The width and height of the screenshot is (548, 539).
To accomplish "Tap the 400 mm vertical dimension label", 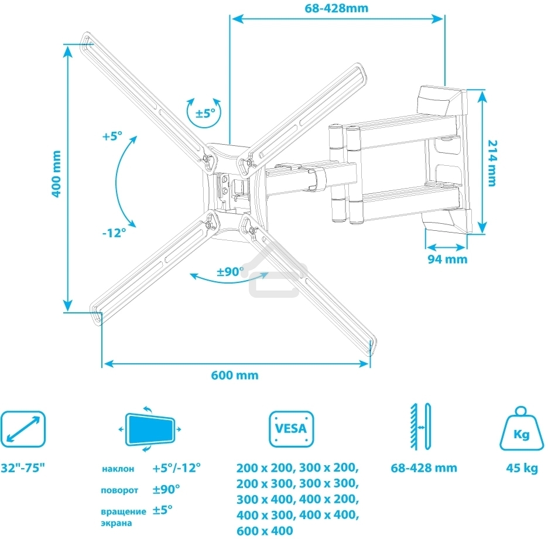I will click(x=56, y=174).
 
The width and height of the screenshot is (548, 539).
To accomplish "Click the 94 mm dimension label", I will click(x=447, y=259).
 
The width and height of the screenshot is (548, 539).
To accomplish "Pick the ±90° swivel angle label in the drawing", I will click(x=230, y=272).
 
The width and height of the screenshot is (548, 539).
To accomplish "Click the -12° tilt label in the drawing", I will click(x=113, y=233).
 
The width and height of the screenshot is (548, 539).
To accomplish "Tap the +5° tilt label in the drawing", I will click(x=112, y=136).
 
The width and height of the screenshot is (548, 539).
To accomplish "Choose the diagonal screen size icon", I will click(x=23, y=432).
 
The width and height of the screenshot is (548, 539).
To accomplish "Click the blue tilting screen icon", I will click(x=150, y=430).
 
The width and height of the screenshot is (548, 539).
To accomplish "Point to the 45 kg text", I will click(x=522, y=468).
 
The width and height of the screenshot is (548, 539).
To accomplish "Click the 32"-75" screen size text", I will click(x=22, y=468).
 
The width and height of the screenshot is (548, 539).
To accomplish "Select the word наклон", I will click(x=118, y=469).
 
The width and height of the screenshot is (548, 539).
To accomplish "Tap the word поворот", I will click(x=120, y=489).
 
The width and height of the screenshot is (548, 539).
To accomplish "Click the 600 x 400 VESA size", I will click(x=264, y=531).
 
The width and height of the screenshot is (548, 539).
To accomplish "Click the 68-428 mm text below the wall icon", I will click(x=424, y=468).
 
